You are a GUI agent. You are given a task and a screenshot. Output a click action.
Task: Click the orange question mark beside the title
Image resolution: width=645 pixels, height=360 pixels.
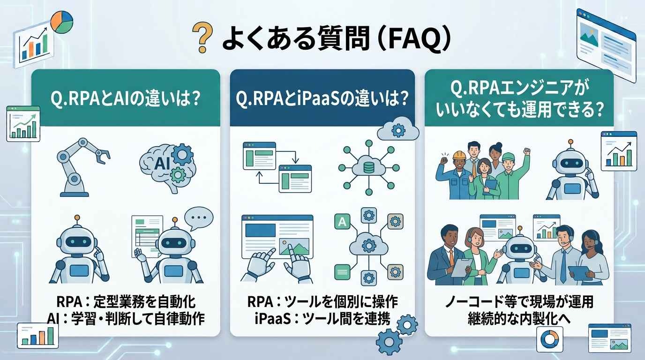click(202, 37)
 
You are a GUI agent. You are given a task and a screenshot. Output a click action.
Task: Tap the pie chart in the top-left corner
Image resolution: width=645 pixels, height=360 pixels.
click(61, 22)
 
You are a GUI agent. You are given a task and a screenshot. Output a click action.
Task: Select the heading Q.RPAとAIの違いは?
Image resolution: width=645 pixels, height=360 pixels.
click(125, 98)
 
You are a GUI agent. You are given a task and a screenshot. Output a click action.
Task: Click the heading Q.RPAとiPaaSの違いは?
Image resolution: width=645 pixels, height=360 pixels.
click(322, 98)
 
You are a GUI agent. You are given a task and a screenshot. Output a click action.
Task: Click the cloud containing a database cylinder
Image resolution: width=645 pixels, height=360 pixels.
click(368, 166)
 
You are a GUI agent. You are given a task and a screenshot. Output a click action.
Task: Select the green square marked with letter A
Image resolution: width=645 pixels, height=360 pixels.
click(342, 221)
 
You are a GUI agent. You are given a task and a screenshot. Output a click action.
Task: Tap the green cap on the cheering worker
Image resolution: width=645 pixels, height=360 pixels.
click(508, 157)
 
